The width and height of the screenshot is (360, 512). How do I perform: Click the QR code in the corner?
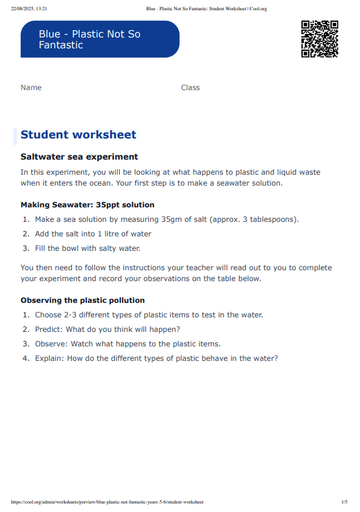point(320,39)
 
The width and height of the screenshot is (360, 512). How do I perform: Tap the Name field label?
point(31,88)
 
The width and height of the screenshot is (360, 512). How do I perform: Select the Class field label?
point(190,88)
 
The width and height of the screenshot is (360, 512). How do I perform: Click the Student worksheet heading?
point(79,135)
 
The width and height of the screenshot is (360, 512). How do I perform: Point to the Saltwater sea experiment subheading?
point(79,157)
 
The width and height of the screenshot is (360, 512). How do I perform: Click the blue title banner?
point(100,39)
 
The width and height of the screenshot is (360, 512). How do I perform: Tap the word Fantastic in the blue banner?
point(61,45)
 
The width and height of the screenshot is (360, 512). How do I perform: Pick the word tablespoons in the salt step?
point(272,219)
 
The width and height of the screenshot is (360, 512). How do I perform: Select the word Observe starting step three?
point(50,344)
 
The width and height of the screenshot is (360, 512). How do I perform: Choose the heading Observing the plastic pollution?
point(83,300)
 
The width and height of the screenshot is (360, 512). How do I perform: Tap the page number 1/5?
point(344,502)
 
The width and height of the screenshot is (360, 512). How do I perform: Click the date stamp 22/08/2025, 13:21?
point(28,9)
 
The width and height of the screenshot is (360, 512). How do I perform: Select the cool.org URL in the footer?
point(107,502)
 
